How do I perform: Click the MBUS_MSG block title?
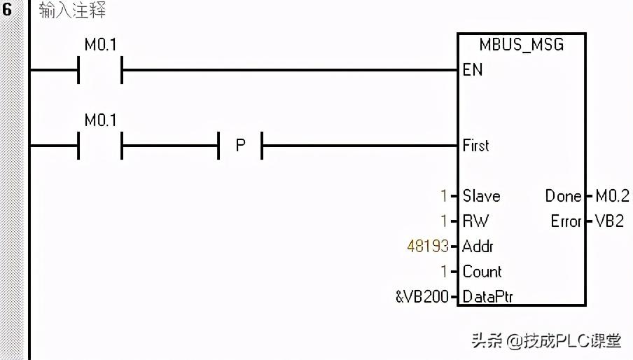[521, 45]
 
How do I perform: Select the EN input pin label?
[472, 69]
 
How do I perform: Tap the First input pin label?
[475, 146]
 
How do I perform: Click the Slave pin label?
[481, 196]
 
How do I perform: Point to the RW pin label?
[475, 221]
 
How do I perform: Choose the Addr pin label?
[478, 247]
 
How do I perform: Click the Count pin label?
[482, 272]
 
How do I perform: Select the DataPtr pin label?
[487, 297]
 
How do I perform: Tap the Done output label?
[563, 196]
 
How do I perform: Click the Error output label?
[566, 221]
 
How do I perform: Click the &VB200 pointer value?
[422, 297]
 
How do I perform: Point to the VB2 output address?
[609, 221]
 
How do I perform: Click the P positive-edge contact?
[240, 146]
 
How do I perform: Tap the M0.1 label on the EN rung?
[100, 45]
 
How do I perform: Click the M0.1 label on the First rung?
[100, 120]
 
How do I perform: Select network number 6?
[8, 11]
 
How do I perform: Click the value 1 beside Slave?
[443, 196]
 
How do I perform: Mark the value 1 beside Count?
[443, 272]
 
